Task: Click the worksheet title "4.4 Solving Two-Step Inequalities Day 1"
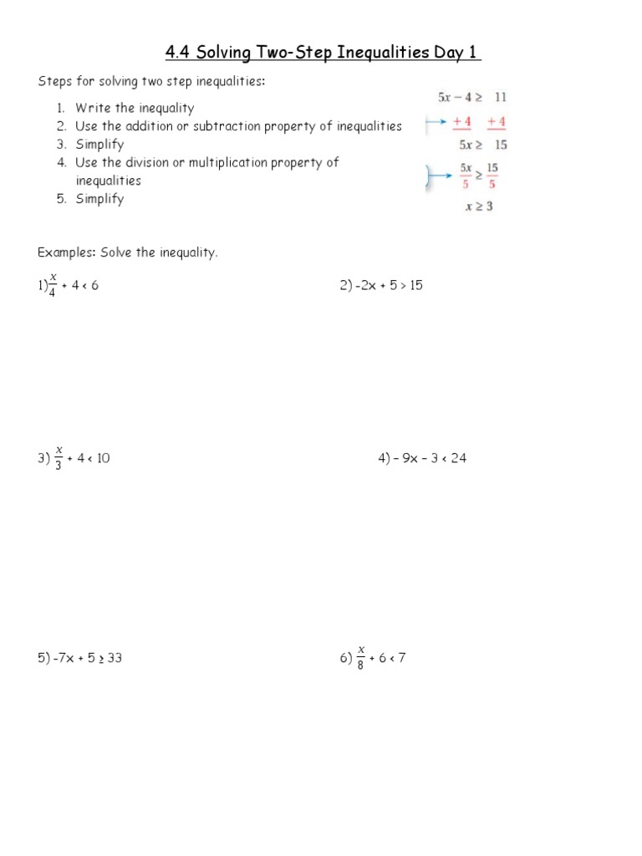pos(323,53)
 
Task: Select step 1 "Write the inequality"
pos(134,108)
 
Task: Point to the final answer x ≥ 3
pos(479,206)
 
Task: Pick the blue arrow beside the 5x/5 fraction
pos(436,176)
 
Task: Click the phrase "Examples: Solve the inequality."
pos(127,252)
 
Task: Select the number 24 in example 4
pos(458,458)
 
